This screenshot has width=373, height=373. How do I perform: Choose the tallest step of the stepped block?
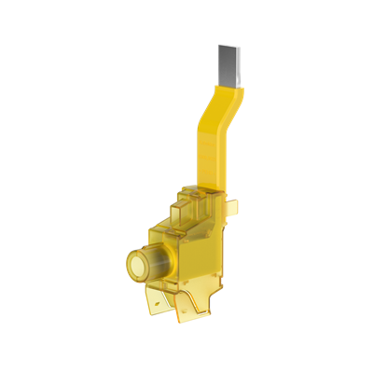207,193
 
